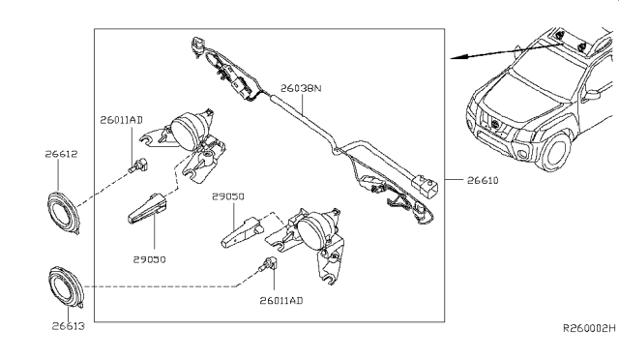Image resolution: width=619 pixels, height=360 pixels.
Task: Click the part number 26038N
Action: pos(301,88)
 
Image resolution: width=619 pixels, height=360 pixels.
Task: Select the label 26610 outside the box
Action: pos(483,181)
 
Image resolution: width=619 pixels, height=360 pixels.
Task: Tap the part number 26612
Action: pos(61,154)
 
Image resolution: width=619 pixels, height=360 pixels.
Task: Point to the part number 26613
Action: pos(69,326)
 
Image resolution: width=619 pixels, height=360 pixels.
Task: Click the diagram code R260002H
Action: pos(589,328)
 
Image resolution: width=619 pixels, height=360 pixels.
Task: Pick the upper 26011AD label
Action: pos(121,120)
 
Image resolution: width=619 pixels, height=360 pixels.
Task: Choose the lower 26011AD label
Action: pos(281,301)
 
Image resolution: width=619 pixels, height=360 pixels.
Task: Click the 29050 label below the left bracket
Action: pos(149,259)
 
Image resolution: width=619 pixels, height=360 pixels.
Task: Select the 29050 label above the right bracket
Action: pos(228,196)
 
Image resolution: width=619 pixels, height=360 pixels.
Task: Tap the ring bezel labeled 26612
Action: pos(64,213)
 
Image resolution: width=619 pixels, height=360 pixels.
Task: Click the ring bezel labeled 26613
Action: pos(66,287)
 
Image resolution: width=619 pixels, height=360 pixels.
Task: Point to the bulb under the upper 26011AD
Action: pos(138,165)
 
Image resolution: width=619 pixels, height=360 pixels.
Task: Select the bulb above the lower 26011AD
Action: pos(268,265)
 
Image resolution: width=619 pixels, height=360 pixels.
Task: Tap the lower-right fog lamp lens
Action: pos(312,231)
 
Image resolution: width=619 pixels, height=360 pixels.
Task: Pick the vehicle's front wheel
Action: pos(557,152)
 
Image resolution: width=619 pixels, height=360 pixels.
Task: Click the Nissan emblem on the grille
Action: pos(496,124)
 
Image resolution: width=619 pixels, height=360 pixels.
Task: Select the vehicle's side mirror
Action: pos(592,95)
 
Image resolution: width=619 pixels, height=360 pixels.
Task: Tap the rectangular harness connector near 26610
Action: pos(425,185)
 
